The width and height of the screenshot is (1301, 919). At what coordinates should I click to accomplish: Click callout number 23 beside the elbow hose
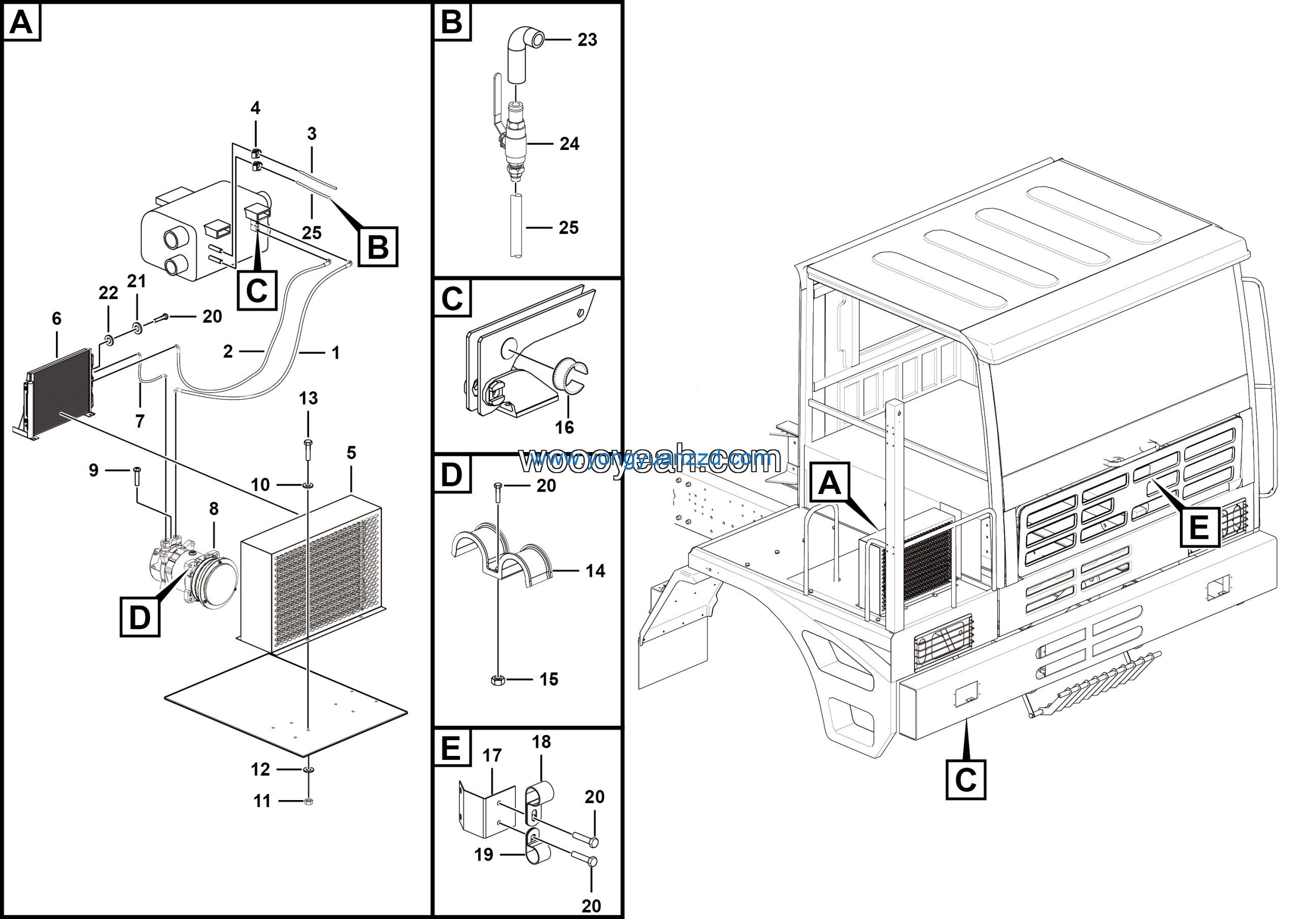point(587,40)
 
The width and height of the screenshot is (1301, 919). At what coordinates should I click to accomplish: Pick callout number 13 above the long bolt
point(308,399)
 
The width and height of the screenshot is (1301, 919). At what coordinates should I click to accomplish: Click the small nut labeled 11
point(309,801)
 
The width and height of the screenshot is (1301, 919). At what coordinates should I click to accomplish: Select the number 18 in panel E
point(541,742)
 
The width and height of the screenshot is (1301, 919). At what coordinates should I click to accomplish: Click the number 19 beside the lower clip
point(483,854)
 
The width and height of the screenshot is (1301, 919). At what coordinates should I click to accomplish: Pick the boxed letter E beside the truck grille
point(1199,527)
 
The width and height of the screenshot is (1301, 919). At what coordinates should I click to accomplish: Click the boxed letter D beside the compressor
point(140,617)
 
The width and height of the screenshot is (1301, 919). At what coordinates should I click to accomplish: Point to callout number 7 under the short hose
point(139,421)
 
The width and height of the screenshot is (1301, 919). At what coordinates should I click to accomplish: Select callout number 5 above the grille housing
point(351,453)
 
